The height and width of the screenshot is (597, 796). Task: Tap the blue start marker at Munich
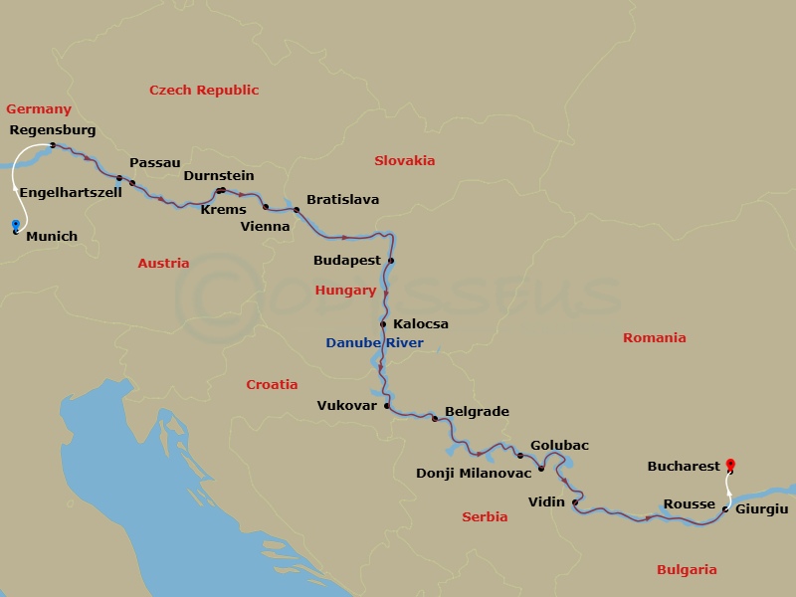[x=15, y=224]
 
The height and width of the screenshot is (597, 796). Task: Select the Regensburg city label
[x=52, y=130]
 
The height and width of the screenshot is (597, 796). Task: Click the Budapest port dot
[x=391, y=261]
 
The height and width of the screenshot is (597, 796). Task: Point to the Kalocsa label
[x=421, y=324]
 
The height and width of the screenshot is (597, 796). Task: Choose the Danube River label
[x=374, y=343]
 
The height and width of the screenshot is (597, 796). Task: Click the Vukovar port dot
[x=387, y=406]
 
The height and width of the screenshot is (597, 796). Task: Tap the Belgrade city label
[x=477, y=411]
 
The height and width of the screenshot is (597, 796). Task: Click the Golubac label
[x=559, y=446]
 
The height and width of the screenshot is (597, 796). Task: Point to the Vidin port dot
[x=575, y=502]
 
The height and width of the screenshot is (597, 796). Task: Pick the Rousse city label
[x=689, y=503]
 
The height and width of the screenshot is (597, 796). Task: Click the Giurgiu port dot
[x=724, y=508]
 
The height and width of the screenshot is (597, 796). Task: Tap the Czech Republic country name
[x=204, y=91]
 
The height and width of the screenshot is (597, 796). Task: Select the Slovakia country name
[x=404, y=160]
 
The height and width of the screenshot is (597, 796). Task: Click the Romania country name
[x=654, y=338]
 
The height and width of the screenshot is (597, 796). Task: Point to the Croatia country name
[x=272, y=384]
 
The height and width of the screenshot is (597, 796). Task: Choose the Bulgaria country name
[x=686, y=570]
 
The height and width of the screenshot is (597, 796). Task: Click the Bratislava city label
[x=342, y=200]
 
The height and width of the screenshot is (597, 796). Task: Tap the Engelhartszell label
[x=71, y=192]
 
